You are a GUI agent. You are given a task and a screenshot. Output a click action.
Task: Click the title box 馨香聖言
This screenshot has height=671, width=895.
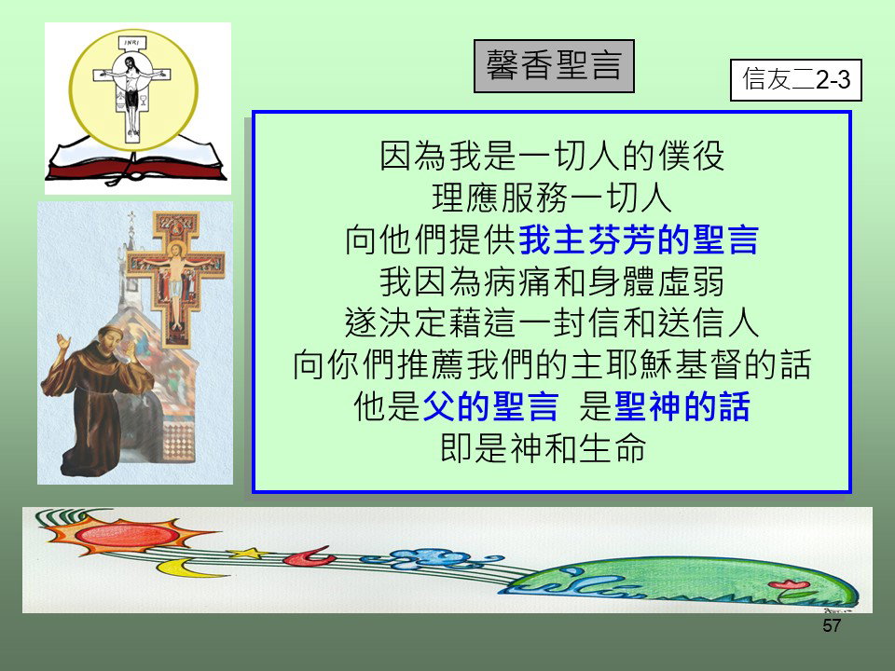coord(554,66)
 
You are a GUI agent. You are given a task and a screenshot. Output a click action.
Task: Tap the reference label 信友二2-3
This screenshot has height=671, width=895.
coord(795,80)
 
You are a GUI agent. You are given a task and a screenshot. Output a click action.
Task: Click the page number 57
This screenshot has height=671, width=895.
coord(832,625)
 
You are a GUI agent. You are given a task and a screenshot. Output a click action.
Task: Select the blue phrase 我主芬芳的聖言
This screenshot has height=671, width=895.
coord(639,240)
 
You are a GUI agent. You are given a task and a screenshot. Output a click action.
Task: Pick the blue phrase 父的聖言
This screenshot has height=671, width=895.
coord(490,406)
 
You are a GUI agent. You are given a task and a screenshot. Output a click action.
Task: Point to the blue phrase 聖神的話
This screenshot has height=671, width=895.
coord(682,406)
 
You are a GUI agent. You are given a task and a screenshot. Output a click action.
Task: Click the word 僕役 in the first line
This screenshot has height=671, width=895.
coord(691,156)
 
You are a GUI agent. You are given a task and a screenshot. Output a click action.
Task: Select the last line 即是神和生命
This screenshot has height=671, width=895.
coord(543,448)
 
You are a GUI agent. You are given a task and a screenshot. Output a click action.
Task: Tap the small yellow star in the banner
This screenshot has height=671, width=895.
coord(248,553)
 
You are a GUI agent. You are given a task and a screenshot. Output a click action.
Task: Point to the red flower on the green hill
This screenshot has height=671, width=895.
coord(788,584)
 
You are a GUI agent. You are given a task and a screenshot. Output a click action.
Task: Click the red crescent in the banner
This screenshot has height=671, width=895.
coord(310,556)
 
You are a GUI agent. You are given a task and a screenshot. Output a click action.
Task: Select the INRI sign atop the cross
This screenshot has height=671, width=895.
coord(132,43)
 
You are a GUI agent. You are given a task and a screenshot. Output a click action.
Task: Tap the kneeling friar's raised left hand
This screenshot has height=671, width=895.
coord(62,342)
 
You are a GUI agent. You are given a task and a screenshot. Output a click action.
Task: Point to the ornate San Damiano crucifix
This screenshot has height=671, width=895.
coord(176,278)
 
